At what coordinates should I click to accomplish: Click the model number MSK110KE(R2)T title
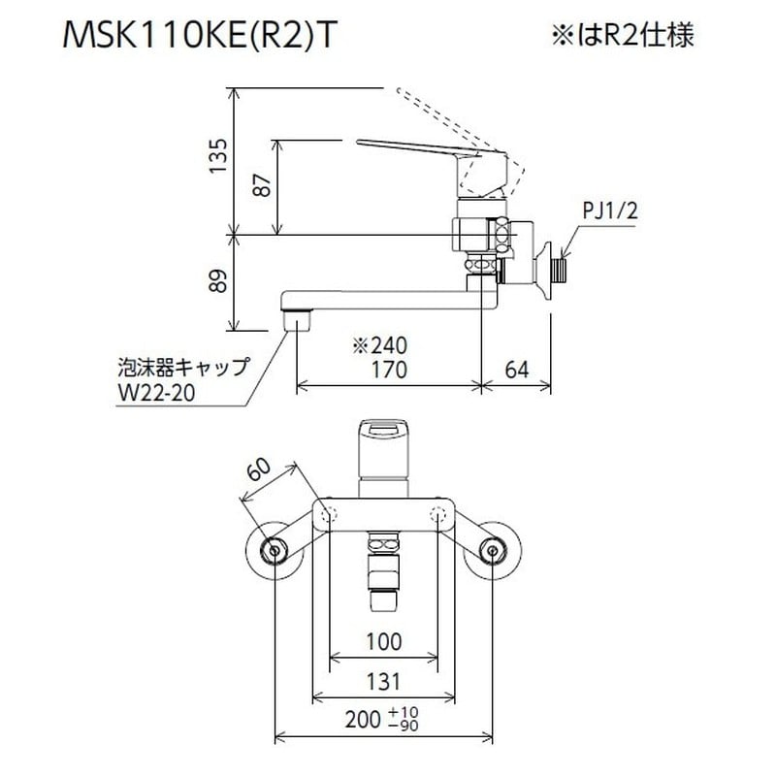click(201, 36)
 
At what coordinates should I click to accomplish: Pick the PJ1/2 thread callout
click(607, 210)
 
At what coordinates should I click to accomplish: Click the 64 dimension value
click(518, 370)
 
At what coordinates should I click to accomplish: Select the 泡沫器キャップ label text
click(177, 369)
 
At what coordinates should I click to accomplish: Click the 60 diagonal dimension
click(259, 472)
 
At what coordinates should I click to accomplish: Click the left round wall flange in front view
click(276, 553)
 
